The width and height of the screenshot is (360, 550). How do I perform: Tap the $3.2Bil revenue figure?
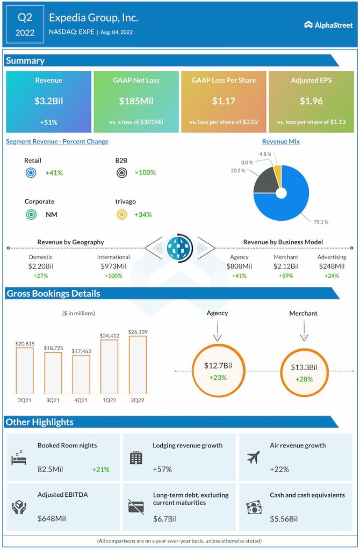pyautogui.click(x=48, y=101)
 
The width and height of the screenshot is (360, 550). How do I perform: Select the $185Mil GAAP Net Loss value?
pyautogui.click(x=136, y=101)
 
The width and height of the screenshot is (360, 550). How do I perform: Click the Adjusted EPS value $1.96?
pyautogui.click(x=311, y=101)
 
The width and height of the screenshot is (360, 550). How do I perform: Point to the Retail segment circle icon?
pyautogui.click(x=31, y=173)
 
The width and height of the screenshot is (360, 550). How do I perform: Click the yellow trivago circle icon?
pyautogui.click(x=122, y=215)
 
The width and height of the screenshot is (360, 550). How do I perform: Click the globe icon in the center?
pyautogui.click(x=179, y=248)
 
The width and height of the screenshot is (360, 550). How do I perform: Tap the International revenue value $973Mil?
pyautogui.click(x=113, y=266)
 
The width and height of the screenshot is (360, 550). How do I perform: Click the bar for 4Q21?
pyautogui.click(x=81, y=374)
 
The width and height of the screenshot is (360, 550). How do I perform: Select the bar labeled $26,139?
pyautogui.click(x=138, y=365)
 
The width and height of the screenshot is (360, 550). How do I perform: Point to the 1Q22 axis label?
pyautogui.click(x=109, y=400)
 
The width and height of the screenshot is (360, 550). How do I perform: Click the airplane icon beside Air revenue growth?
pyautogui.click(x=253, y=457)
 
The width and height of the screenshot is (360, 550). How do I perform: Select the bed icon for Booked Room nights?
pyautogui.click(x=18, y=458)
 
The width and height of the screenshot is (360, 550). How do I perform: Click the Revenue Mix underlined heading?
pyautogui.click(x=281, y=141)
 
